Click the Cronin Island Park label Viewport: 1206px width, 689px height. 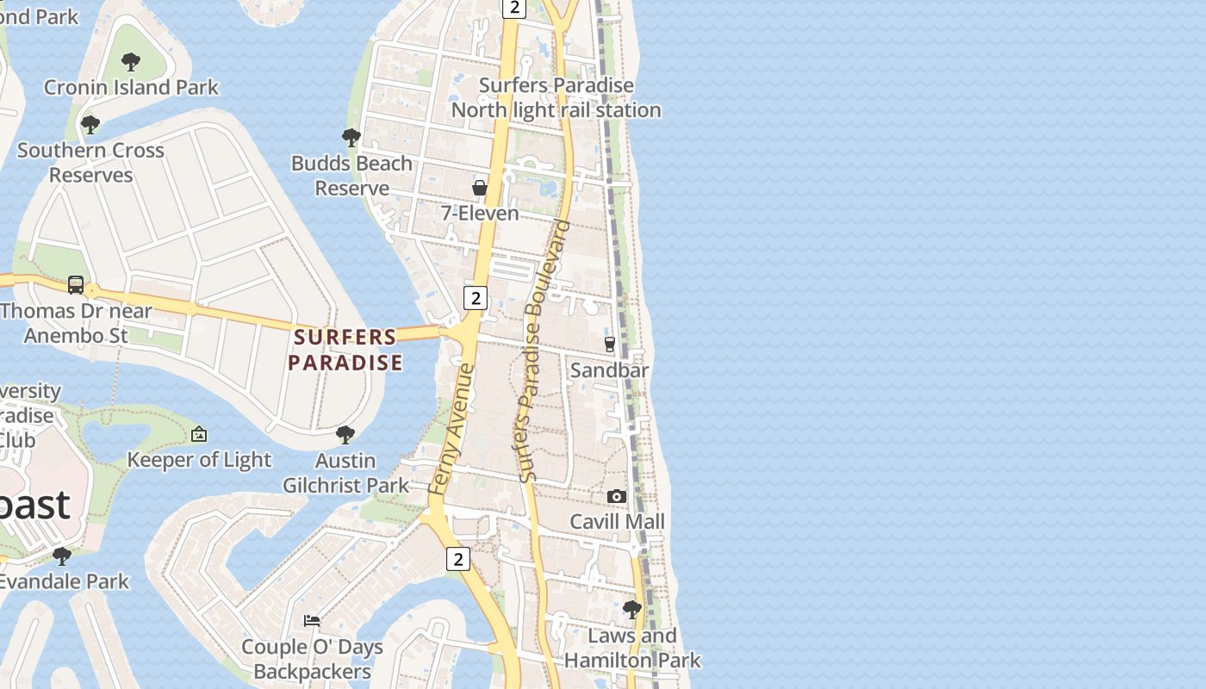click(131, 87)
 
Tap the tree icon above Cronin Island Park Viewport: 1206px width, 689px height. click(131, 62)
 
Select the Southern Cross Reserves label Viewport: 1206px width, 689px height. click(90, 162)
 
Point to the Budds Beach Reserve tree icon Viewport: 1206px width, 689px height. click(351, 137)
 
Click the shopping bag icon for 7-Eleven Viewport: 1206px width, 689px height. click(480, 188)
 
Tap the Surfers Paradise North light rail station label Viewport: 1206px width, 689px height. click(556, 97)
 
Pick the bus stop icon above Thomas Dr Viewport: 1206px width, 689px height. click(76, 285)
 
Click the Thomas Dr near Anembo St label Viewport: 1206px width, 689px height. click(76, 323)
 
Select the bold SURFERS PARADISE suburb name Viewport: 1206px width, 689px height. click(345, 350)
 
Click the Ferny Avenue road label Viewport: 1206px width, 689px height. click(451, 430)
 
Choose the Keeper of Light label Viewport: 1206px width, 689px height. click(199, 460)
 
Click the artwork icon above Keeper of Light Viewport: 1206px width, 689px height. click(199, 434)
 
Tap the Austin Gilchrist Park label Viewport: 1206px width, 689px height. click(346, 473)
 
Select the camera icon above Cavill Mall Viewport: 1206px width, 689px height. click(617, 496)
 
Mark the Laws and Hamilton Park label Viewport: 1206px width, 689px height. click(632, 648)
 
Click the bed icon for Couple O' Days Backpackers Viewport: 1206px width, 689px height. click(312, 621)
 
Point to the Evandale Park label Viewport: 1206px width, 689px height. click(65, 581)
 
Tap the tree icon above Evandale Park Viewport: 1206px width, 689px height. click(61, 556)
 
